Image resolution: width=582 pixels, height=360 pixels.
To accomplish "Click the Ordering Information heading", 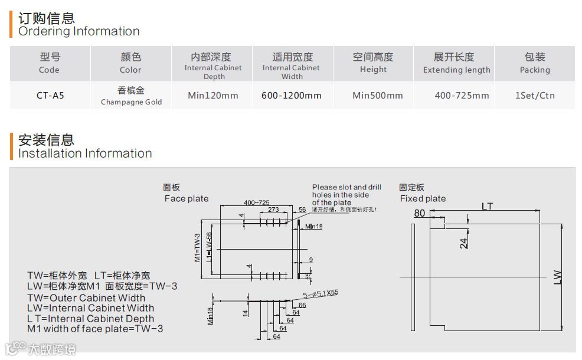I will (79, 25).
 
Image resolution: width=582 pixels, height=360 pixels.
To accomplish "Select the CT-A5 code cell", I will (50, 95).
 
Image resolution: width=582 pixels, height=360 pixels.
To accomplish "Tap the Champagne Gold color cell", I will (130, 96).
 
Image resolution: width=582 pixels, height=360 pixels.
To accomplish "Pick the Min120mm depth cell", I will (213, 95).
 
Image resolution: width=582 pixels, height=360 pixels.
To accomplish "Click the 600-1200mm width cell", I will (292, 95).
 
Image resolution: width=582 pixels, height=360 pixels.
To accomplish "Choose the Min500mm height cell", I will (377, 95).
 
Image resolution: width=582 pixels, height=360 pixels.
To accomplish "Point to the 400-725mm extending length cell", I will (462, 95).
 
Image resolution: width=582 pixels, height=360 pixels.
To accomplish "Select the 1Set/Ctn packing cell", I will (535, 95).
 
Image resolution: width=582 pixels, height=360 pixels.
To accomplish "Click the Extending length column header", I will (456, 63).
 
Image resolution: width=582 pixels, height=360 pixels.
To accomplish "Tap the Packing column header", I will (535, 63).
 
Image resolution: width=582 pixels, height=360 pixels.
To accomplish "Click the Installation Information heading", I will (85, 147).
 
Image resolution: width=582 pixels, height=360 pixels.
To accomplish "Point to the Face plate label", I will (186, 198).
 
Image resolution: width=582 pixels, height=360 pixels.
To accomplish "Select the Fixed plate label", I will (423, 198).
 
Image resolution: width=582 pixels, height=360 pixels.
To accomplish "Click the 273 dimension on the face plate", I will (273, 210).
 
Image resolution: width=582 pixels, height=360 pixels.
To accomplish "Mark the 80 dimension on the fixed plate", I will (420, 213).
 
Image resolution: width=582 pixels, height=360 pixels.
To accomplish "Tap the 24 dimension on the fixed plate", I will (464, 242).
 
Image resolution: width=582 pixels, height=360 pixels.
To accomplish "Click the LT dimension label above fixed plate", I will (487, 207).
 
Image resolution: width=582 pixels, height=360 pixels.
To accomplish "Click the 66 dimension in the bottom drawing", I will (302, 305).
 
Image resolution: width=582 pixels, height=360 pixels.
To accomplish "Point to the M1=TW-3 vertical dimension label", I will (198, 247).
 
